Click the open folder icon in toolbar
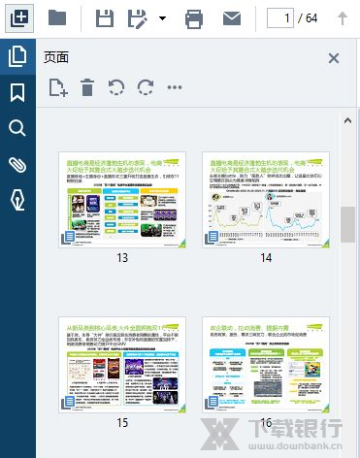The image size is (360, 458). (x=57, y=17)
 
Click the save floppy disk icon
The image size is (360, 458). (x=105, y=17)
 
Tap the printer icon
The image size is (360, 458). (x=194, y=17)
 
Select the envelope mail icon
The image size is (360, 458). (x=231, y=17)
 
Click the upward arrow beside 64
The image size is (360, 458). (x=342, y=17)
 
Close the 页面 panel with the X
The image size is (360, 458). (x=334, y=58)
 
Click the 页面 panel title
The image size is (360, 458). (x=56, y=58)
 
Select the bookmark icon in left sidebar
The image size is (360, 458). (x=17, y=93)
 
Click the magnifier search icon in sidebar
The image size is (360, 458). (x=17, y=129)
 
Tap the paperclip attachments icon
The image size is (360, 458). (x=17, y=164)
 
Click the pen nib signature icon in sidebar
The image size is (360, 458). (x=17, y=199)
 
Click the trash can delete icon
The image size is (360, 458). (x=87, y=88)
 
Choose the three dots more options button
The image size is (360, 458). (x=175, y=88)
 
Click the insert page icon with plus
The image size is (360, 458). (x=57, y=88)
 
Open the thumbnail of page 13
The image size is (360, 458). (x=122, y=199)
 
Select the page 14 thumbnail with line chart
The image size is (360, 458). (x=265, y=199)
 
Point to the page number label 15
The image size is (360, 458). (x=122, y=422)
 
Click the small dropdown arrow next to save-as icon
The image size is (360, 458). (x=162, y=17)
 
